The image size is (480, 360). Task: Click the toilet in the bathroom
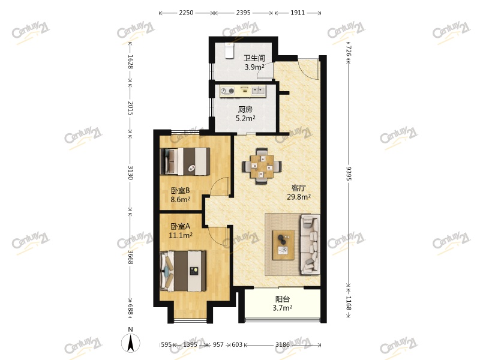(229, 50)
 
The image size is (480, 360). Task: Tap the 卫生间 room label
(254, 58)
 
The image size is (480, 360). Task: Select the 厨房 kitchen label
(245, 109)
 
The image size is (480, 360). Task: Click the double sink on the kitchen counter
(259, 91)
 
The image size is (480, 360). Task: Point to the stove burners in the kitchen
(227, 91)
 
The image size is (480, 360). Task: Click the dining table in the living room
(262, 166)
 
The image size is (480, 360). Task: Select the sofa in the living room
(310, 244)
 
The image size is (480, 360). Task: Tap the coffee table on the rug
(283, 245)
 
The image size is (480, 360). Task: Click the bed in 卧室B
(185, 161)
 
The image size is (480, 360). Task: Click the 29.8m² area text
(299, 197)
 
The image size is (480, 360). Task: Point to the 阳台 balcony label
(282, 299)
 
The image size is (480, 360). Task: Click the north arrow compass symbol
(131, 343)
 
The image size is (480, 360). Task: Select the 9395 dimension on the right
(349, 173)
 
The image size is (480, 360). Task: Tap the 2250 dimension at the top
(186, 13)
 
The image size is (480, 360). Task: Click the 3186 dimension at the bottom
(282, 344)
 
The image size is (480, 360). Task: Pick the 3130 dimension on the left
(130, 173)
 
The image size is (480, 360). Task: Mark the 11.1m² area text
(181, 235)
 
